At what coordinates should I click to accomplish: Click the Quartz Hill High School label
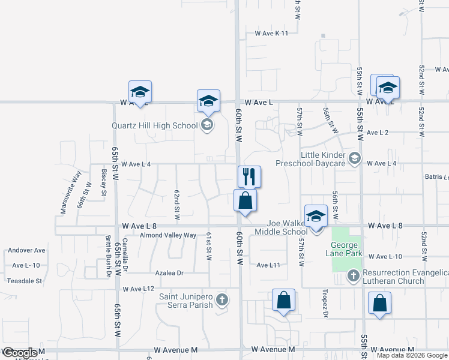tap(155, 125)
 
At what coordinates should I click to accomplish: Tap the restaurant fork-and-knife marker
tap(249, 176)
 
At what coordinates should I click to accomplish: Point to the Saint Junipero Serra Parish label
tap(186, 301)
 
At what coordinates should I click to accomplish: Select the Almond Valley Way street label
tap(167, 235)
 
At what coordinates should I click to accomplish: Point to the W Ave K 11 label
tap(271, 34)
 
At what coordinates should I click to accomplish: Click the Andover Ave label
tap(26, 250)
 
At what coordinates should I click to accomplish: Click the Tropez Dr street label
tap(325, 305)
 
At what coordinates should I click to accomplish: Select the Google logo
tap(20, 353)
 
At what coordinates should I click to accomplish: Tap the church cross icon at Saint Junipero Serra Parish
tap(222, 299)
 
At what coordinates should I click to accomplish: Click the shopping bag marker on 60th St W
tap(245, 200)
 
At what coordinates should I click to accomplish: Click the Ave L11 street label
tap(269, 265)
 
